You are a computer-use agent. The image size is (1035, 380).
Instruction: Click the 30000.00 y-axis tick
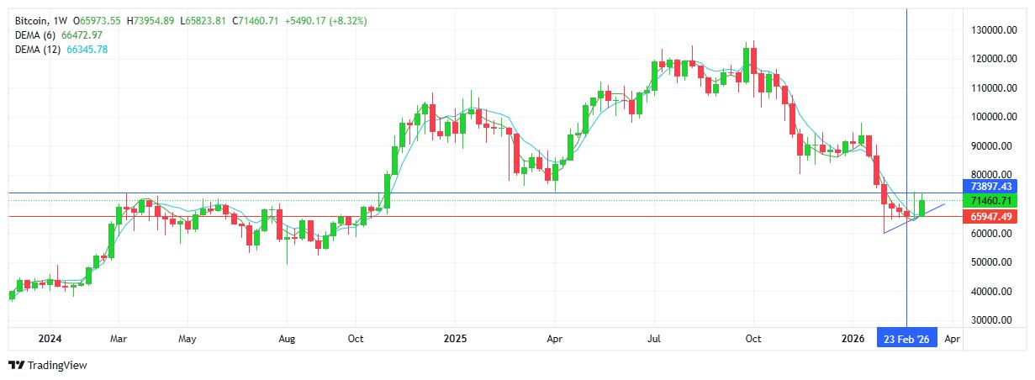990,320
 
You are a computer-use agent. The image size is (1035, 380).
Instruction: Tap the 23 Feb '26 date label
906,339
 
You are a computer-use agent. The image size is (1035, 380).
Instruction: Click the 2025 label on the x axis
455,339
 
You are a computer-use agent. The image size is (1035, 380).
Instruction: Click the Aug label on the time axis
287,339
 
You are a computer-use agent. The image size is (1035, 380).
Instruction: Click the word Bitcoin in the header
32,20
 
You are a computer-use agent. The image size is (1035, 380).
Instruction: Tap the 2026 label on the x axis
853,339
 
